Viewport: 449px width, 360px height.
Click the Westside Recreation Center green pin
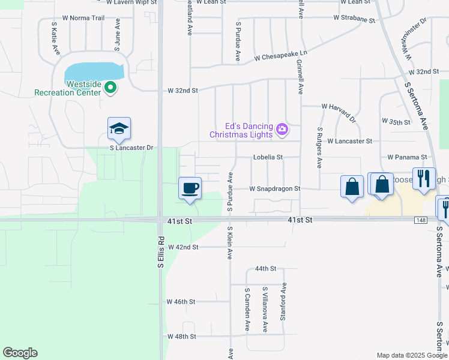point(110,88)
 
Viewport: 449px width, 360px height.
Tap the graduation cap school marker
point(119,129)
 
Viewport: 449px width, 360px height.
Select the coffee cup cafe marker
point(190,188)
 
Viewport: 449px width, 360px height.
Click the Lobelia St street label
point(267,157)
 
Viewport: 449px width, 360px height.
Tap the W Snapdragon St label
point(275,188)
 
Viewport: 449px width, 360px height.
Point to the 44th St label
point(265,269)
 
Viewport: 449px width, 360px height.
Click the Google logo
point(20,353)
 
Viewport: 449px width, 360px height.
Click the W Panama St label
point(406,157)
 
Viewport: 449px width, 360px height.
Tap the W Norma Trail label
point(83,18)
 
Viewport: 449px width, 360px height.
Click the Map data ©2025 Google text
point(411,355)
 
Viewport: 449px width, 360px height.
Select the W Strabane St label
point(354,20)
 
